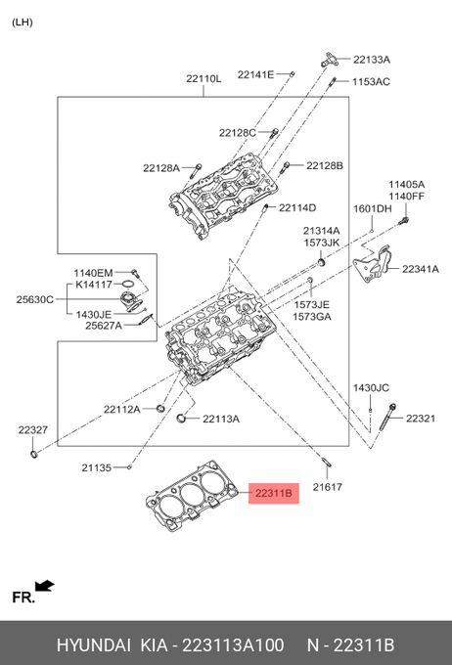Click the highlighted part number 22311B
tap(274, 493)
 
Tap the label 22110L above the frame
tap(203, 78)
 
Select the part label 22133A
tap(372, 60)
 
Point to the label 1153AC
tap(371, 81)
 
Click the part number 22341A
tap(421, 269)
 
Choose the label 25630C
tap(35, 299)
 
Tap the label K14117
tap(94, 285)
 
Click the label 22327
tap(33, 430)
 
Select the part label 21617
tap(328, 487)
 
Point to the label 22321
tap(421, 419)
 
